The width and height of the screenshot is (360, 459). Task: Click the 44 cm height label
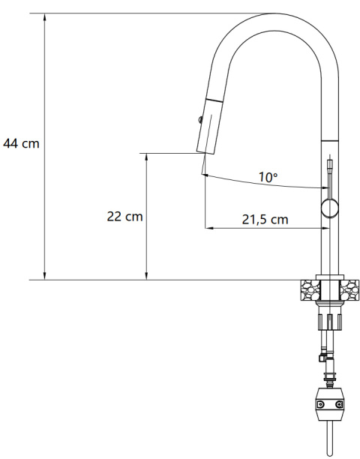coord(21,142)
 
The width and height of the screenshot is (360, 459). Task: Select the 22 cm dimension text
coord(124,216)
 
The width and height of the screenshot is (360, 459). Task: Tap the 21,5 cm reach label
coord(265,220)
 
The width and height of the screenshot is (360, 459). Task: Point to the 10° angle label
coord(268,178)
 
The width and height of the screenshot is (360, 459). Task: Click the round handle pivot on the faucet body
coord(328,208)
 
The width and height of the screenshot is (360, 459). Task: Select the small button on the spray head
coord(199,118)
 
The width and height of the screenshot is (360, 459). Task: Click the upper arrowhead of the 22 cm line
coord(146,157)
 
